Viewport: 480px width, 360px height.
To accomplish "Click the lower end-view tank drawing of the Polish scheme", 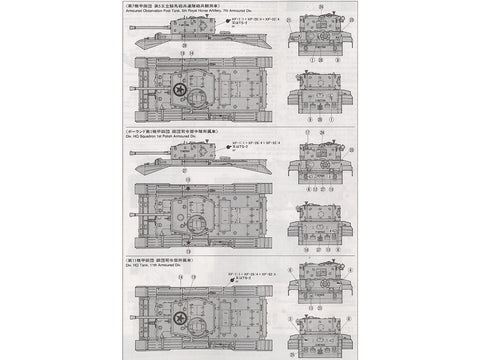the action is [x=317, y=215].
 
